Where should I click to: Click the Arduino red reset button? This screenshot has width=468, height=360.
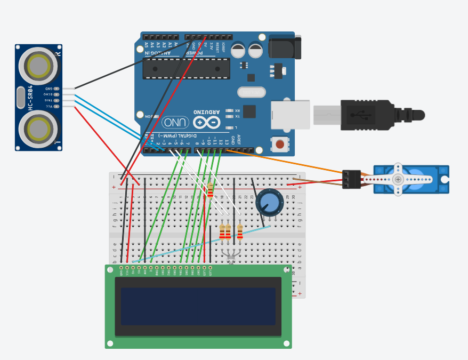coord(280,144)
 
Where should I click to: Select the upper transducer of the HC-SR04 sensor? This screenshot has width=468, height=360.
coord(38,66)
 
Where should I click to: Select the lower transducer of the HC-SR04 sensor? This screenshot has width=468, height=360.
coord(38,129)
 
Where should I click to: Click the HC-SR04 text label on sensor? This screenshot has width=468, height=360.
coord(30,97)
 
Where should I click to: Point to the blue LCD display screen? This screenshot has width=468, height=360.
coord(198,306)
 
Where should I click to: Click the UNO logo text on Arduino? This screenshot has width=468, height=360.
coord(175,123)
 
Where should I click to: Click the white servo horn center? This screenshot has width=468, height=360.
coord(398,179)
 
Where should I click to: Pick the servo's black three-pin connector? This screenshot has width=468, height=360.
coord(351,179)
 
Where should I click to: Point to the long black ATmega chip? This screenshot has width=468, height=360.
coord(187,69)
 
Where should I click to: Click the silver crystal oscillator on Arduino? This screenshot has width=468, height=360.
coord(251,93)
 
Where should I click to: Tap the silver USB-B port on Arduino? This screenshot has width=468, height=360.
coord(290,115)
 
